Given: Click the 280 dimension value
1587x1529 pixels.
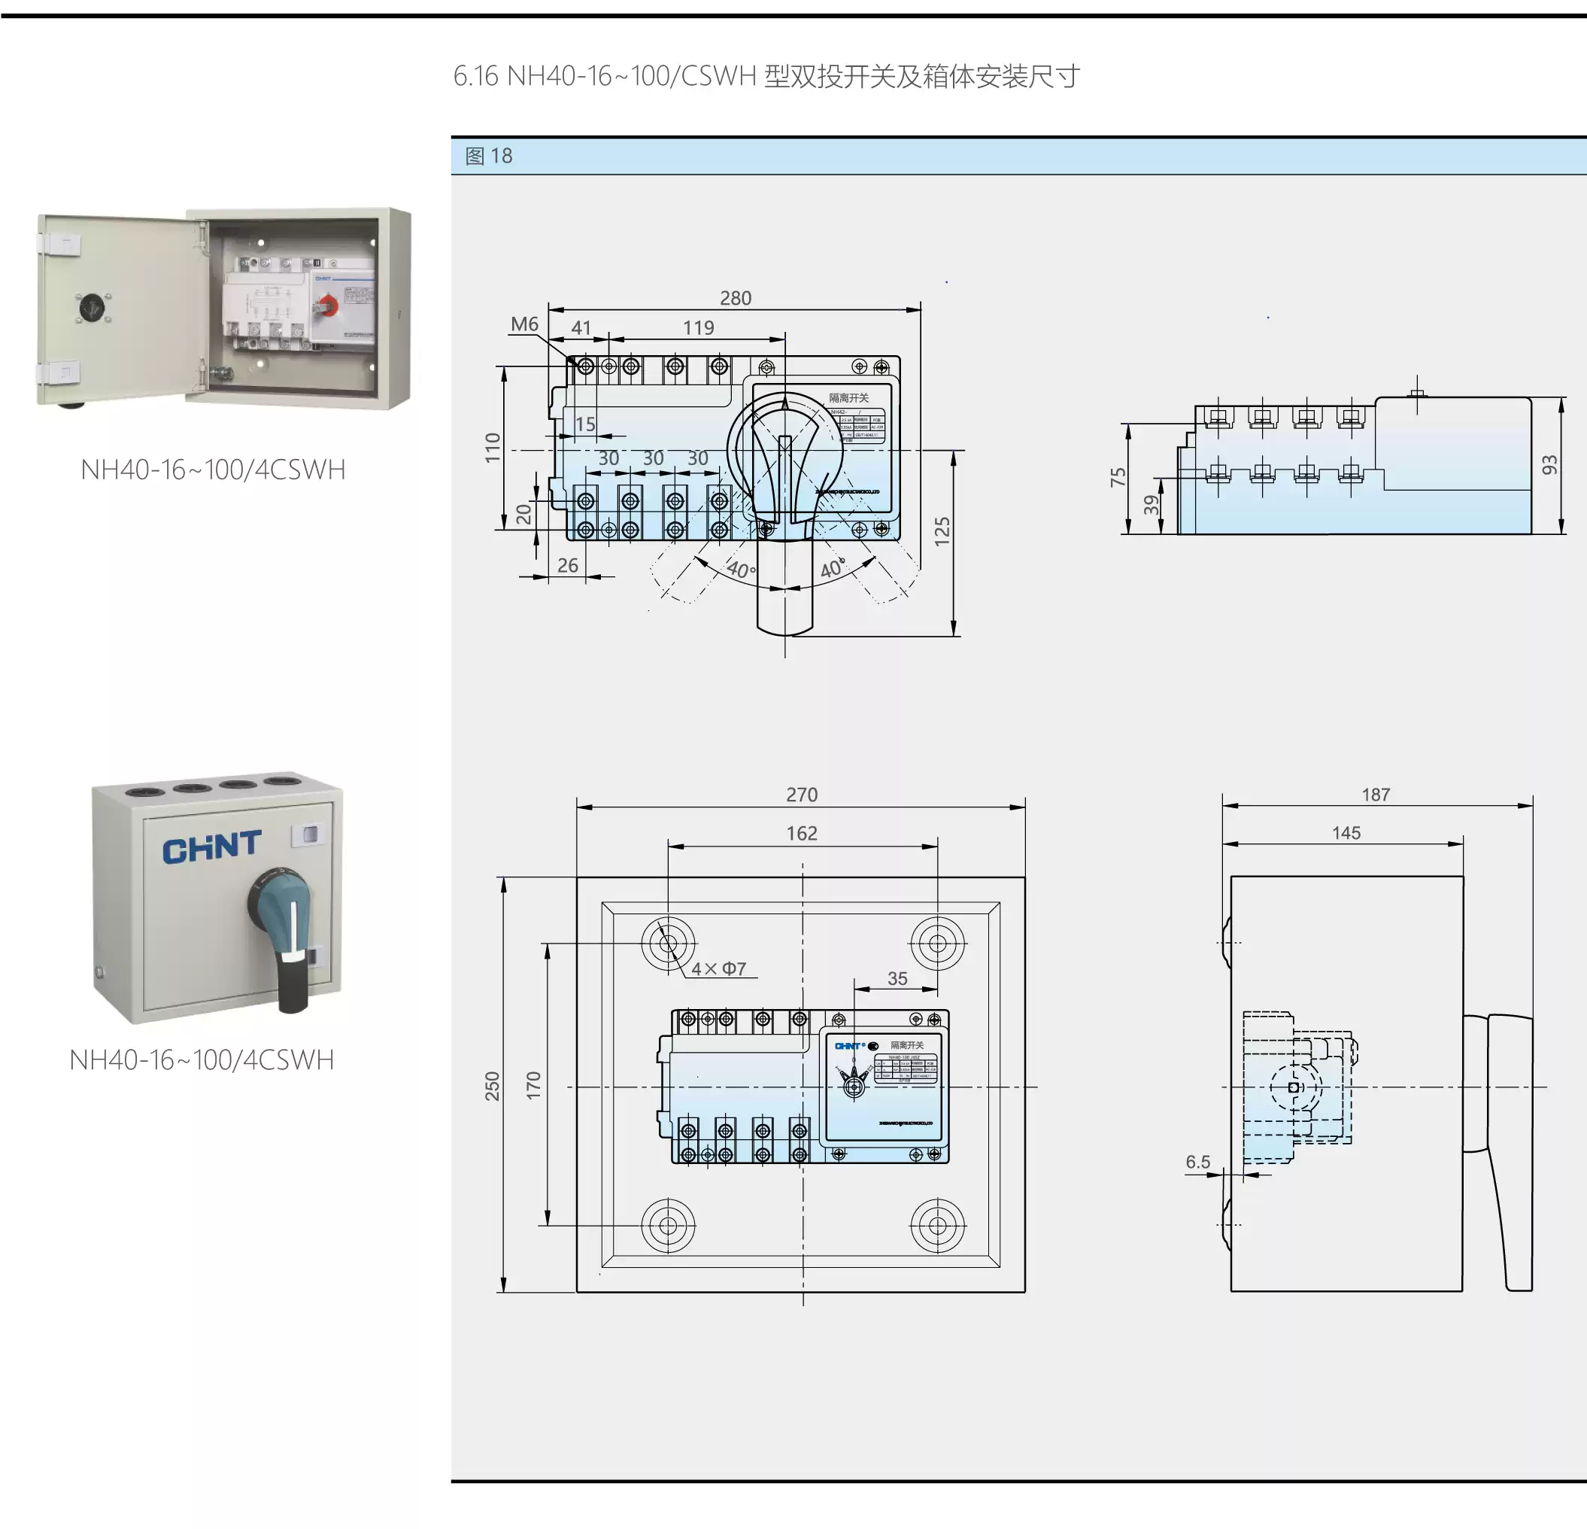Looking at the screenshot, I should tap(735, 298).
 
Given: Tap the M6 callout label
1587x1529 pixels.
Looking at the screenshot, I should tap(524, 324).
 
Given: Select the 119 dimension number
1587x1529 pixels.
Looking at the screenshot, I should tap(698, 327).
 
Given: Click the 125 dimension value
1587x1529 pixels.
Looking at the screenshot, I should tap(942, 531).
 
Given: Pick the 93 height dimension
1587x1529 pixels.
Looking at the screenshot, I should tap(1549, 465).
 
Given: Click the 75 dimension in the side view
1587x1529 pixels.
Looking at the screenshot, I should tap(1118, 477).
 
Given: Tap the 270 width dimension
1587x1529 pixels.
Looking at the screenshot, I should tap(802, 795).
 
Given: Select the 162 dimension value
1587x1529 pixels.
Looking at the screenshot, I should tap(802, 833).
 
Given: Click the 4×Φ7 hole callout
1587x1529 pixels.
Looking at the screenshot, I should tap(718, 968).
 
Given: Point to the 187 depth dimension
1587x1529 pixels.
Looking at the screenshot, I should tap(1376, 795).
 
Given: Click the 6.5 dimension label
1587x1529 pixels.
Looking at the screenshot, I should tap(1197, 1162).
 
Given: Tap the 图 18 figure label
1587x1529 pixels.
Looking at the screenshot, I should tap(488, 156).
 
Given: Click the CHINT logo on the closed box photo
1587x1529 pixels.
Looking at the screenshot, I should tap(211, 847).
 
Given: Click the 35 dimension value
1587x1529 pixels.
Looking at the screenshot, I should tap(897, 978).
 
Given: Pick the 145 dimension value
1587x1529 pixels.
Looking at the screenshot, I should tap(1346, 832).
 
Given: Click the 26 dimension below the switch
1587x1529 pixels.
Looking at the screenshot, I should tap(568, 565).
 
